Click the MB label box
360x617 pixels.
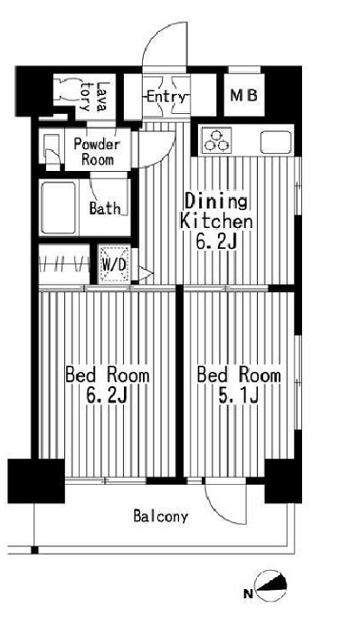point(241,95)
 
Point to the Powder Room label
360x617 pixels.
point(96,151)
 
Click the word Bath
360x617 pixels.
point(104,208)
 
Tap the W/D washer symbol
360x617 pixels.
point(115,264)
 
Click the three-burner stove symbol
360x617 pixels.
point(217,140)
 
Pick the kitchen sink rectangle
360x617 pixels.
point(276,142)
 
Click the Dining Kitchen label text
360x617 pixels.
point(216,210)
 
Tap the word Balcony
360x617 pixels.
point(160,517)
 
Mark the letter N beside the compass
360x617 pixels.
point(248,594)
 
